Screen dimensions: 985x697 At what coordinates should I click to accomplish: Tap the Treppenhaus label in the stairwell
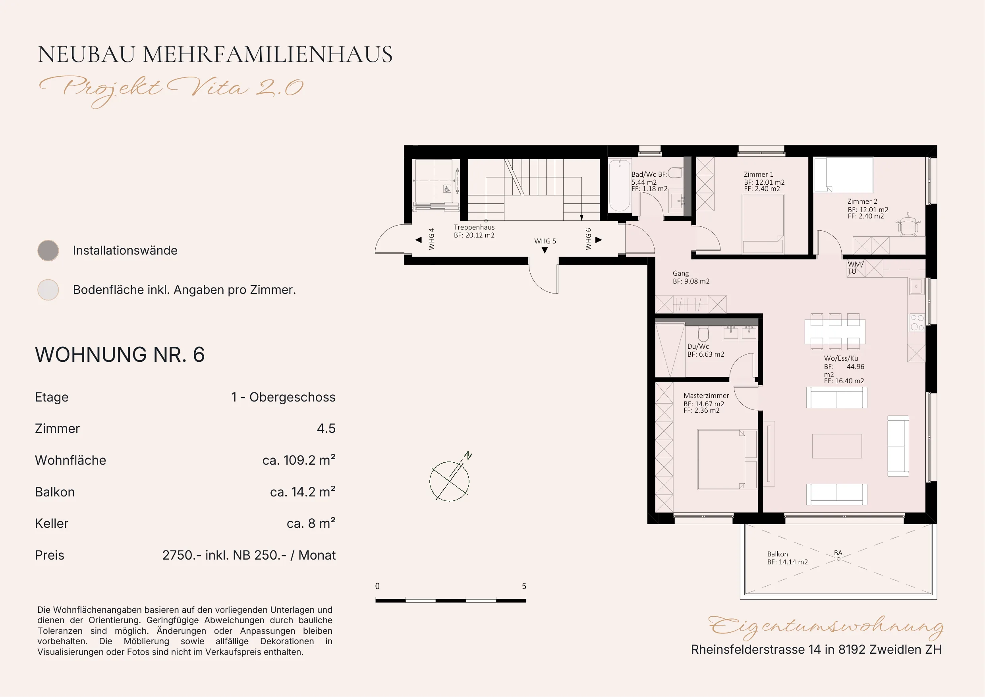474,227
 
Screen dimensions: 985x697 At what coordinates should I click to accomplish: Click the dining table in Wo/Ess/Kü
835,331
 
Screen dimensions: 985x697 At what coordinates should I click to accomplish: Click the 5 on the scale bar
523,586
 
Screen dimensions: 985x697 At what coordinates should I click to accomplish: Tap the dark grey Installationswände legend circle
48,251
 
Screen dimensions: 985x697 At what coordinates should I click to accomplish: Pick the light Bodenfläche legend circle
48,290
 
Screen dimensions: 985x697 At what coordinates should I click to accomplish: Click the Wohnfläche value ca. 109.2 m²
299,460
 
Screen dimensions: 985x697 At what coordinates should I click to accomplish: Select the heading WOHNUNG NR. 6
120,355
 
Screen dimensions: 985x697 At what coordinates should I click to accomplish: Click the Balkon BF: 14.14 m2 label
787,558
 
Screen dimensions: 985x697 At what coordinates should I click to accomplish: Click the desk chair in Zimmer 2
908,225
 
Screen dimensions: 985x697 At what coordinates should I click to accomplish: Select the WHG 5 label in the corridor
545,241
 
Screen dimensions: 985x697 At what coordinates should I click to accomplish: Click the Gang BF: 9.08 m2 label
691,277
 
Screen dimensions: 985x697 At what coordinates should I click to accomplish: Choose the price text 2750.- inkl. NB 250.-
224,555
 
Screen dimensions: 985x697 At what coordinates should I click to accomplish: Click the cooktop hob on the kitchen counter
917,323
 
